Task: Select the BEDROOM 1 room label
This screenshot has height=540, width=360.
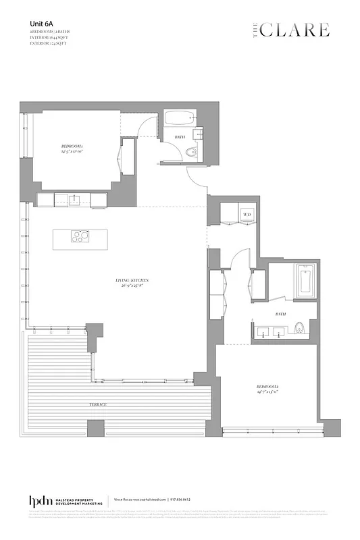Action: [72, 149]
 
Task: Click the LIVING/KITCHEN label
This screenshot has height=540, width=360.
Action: [132, 282]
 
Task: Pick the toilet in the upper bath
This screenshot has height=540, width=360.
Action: [195, 153]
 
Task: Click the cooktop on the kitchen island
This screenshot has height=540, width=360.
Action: [81, 237]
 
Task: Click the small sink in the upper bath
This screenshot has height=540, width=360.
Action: [200, 134]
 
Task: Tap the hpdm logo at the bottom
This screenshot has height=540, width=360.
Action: [38, 501]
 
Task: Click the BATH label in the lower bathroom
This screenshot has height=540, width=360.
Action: [279, 314]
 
